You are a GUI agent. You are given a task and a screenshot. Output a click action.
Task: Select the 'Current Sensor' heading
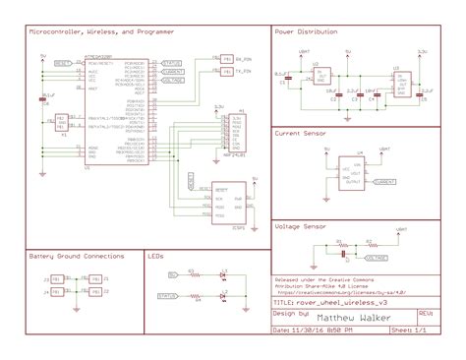click(x=301, y=132)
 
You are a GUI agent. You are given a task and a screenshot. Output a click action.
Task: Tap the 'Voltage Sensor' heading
click(x=301, y=226)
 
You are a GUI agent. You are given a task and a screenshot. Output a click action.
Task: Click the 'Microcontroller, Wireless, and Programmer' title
click(x=96, y=31)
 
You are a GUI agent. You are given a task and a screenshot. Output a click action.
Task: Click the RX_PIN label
click(x=245, y=58)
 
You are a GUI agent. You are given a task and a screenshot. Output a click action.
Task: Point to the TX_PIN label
click(x=245, y=71)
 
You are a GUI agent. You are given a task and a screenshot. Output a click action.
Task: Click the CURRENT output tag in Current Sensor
click(x=386, y=182)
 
